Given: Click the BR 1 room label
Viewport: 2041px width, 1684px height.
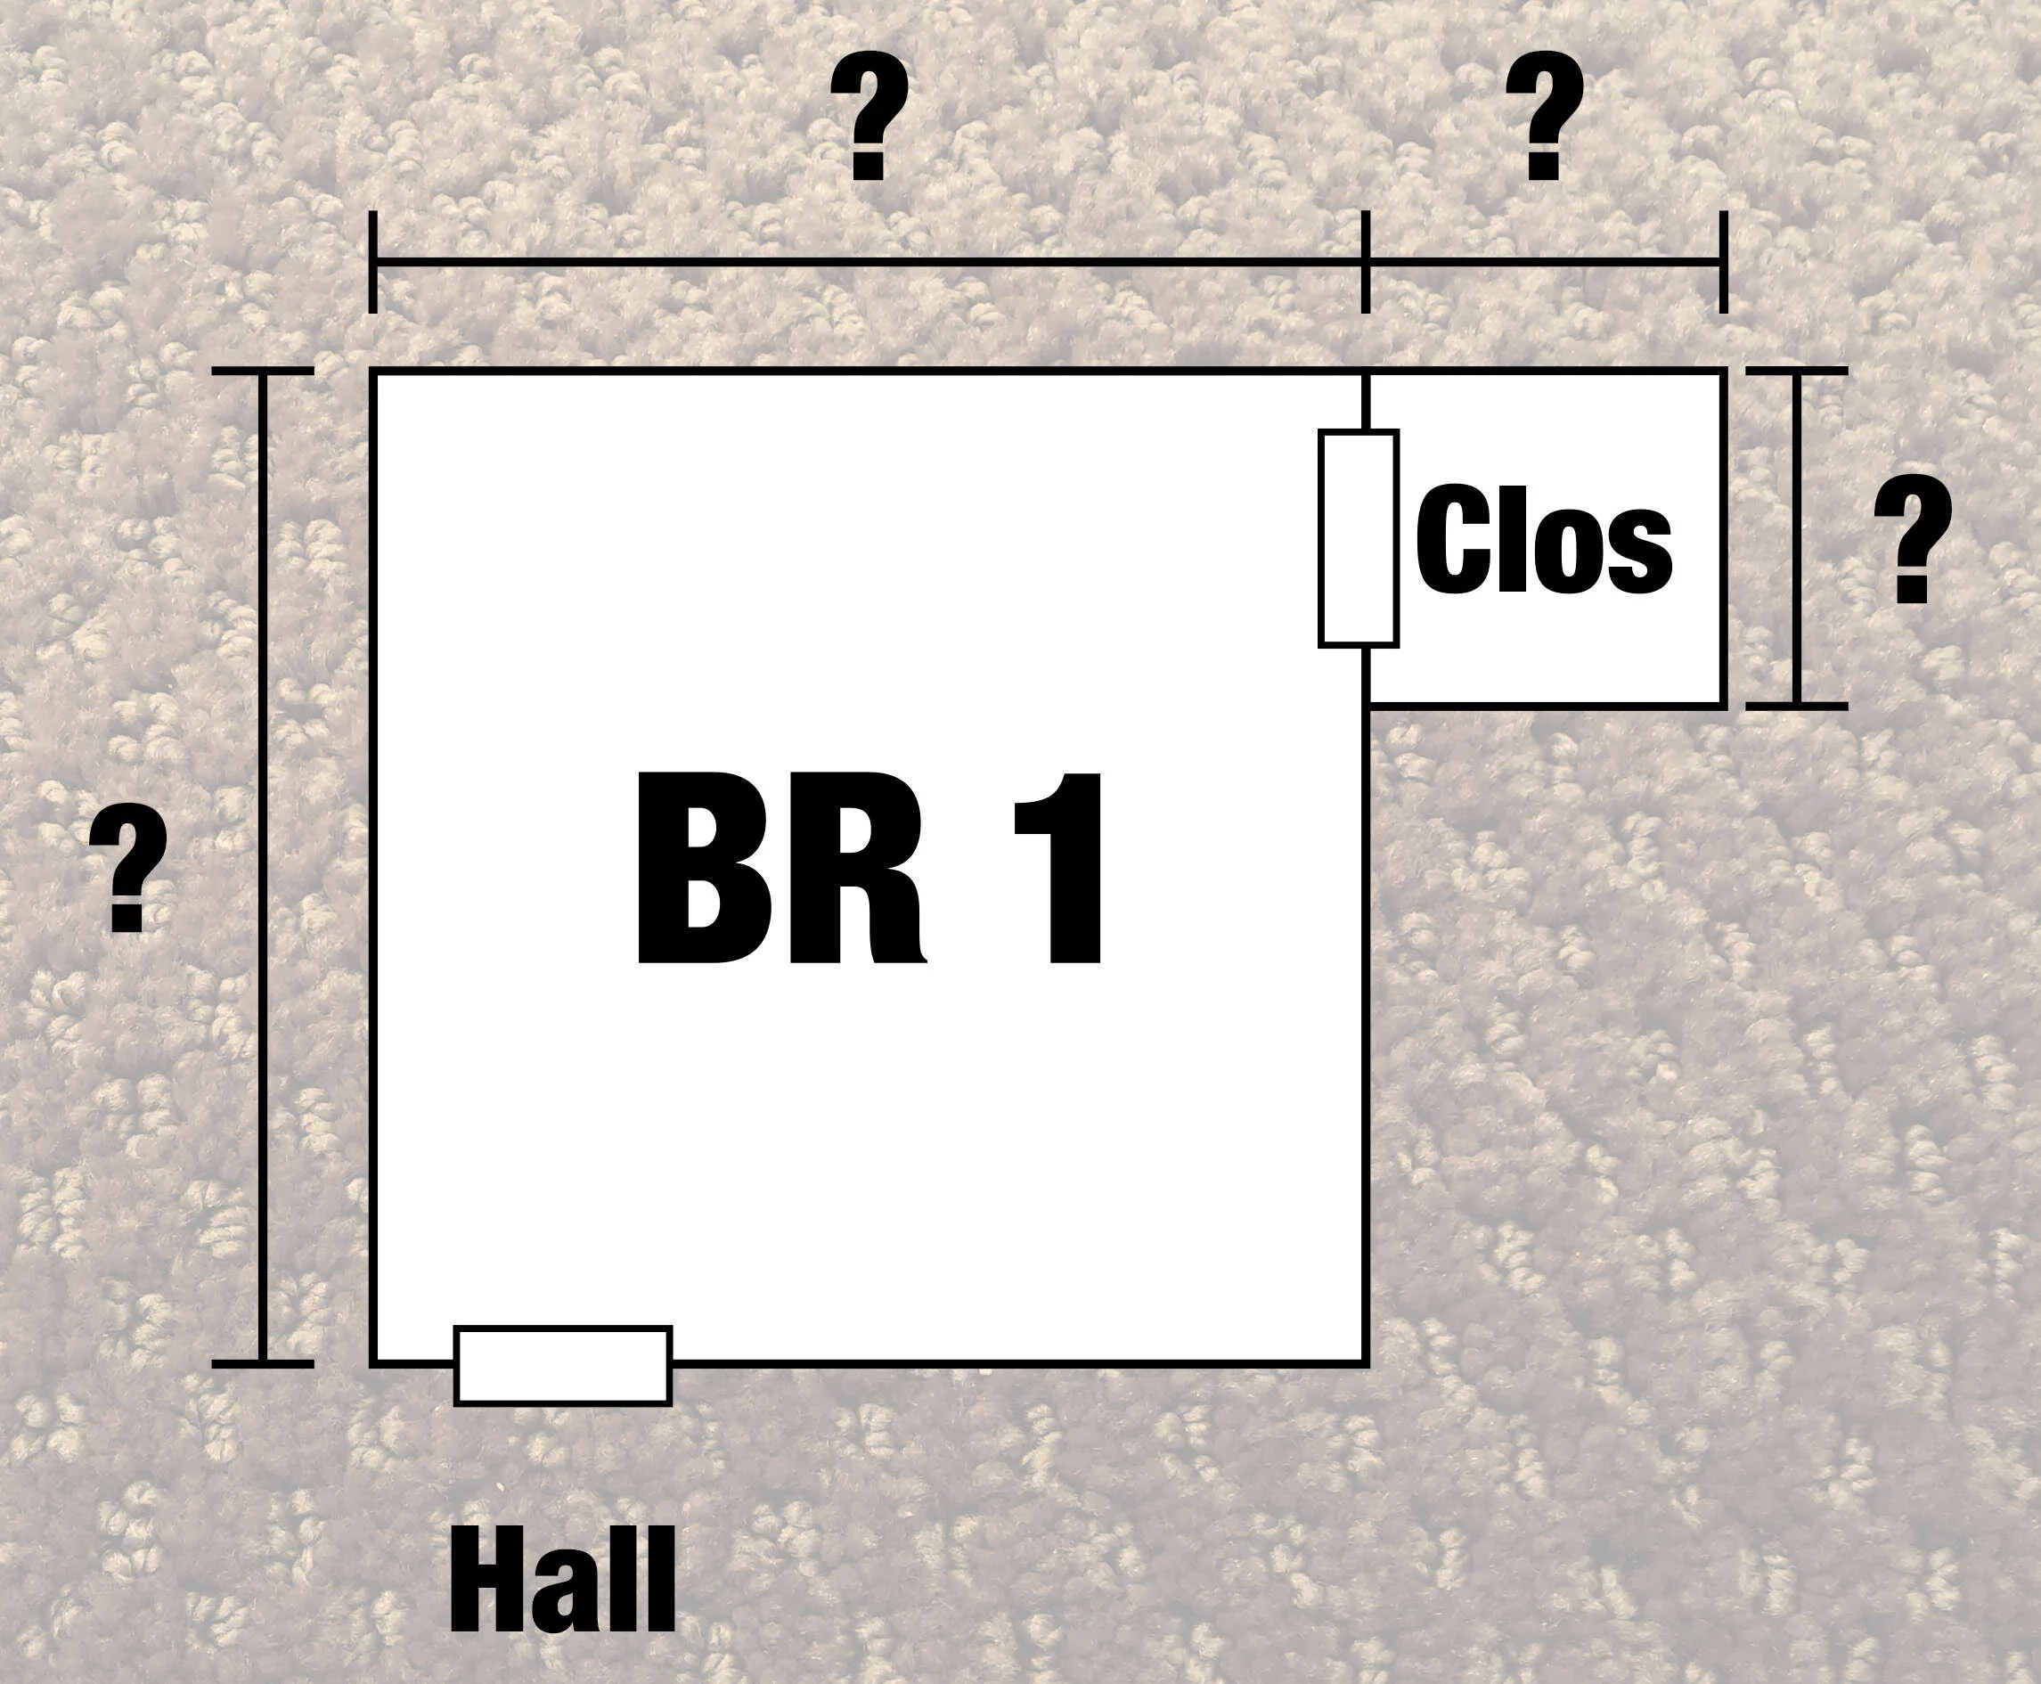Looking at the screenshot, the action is [869, 868].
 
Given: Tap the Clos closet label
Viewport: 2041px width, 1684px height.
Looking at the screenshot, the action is [1544, 538].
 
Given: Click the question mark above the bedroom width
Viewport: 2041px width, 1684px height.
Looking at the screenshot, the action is [869, 116].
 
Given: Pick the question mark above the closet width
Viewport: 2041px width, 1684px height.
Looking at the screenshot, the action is [1544, 116].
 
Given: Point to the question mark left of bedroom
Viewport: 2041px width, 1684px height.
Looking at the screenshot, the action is [128, 868].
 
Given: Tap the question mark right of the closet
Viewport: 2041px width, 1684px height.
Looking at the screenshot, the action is [1913, 538].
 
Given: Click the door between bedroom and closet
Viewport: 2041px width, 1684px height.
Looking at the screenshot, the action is [1358, 538].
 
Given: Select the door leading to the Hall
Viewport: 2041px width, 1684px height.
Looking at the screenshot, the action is [563, 1366].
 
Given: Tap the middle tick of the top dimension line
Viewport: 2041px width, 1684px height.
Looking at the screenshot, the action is [1365, 262].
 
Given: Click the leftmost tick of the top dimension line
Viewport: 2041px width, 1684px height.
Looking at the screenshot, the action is [372, 262].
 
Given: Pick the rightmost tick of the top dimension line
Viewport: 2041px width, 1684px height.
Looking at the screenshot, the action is [1723, 262].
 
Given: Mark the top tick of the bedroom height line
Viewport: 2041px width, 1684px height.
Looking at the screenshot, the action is [263, 371].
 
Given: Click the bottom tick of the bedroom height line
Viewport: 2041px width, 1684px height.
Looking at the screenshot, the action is [263, 1364].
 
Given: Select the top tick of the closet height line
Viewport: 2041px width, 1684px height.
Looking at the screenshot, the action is [1797, 371].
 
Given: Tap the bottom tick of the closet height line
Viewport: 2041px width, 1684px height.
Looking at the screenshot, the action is [1797, 707].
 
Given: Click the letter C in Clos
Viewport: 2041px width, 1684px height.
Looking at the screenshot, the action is [1453, 538].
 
